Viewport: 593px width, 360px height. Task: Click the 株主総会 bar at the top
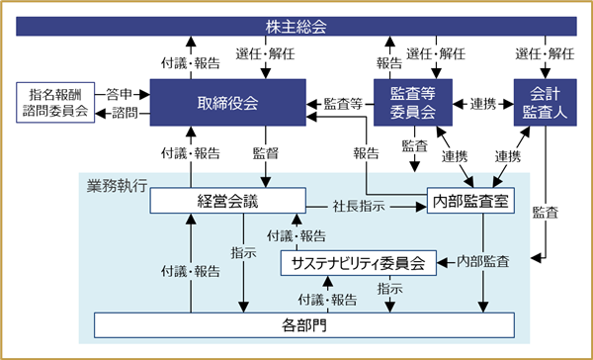(296, 26)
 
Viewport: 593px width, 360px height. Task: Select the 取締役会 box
(227, 102)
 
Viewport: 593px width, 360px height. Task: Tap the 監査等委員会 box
(413, 102)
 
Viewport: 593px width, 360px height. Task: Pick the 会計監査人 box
(545, 102)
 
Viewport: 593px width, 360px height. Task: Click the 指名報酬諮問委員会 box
(55, 102)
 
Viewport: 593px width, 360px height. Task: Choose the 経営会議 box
(227, 200)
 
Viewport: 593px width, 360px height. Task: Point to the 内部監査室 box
(470, 200)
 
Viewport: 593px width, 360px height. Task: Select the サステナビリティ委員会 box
(358, 263)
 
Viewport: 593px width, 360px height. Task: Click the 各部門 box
(304, 324)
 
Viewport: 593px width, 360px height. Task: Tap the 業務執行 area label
(117, 186)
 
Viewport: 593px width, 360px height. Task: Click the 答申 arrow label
(120, 95)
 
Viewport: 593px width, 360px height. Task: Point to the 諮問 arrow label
(125, 113)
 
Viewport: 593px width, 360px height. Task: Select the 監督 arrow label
(265, 153)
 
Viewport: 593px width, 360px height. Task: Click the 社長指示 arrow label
(359, 207)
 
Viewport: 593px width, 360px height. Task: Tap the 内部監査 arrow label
(483, 261)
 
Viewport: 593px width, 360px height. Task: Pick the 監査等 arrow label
(343, 104)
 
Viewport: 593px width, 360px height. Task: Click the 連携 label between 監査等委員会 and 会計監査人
(483, 104)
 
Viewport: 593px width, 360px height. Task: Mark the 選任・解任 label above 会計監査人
(545, 53)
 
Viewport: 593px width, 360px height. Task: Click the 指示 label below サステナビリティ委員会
(389, 289)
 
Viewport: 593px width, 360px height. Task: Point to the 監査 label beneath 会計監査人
(545, 213)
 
